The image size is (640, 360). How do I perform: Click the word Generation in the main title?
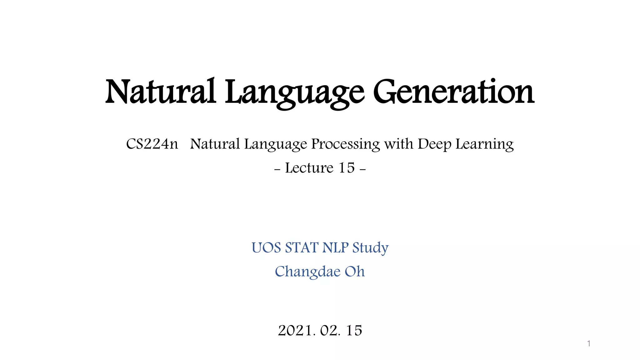pos(453,92)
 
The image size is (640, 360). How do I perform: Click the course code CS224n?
pos(152,144)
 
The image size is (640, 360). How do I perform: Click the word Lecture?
pos(309,168)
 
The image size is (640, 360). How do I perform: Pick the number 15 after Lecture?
pos(347,168)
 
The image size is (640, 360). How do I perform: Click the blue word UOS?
pos(266,248)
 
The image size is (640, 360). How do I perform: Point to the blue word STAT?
pos(302,248)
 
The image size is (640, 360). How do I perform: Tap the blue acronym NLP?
pos(335,248)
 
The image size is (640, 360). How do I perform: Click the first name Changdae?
pos(307,272)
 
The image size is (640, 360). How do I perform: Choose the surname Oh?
pos(355,272)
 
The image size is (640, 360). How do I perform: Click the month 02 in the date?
pos(330,331)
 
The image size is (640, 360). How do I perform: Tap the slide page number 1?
pos(589,344)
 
